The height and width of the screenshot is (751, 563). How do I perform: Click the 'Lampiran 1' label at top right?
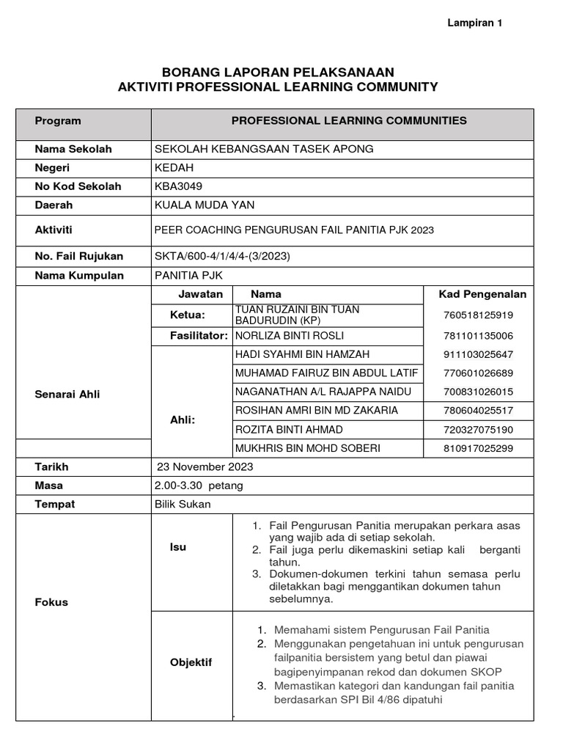tap(475, 23)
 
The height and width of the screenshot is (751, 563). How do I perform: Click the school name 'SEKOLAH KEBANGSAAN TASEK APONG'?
tap(264, 149)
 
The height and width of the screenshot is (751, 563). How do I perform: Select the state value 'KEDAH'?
tap(174, 168)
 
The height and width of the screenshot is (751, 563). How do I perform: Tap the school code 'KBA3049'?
tap(178, 186)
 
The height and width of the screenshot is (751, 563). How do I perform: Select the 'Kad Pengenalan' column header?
tap(482, 294)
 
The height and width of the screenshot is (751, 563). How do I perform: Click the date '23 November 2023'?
tap(205, 466)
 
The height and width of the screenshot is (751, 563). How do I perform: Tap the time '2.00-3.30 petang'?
tap(199, 486)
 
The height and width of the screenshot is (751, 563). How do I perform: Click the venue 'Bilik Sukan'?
tap(182, 505)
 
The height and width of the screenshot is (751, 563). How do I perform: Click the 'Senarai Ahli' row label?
tap(67, 394)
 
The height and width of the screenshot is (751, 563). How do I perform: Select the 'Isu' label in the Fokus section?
tap(178, 546)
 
